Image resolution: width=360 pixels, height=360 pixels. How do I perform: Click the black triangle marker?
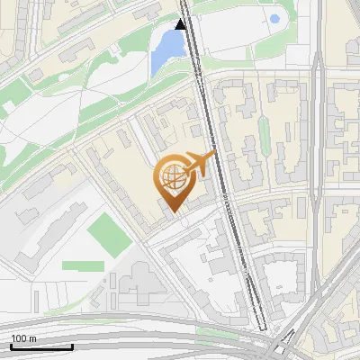point(182,24)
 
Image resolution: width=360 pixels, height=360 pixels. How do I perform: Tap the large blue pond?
point(166,49)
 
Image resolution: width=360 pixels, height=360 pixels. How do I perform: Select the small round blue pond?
point(274,19)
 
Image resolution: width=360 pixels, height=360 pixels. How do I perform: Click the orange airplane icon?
point(197,165)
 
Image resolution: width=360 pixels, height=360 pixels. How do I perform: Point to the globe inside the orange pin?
point(173,178)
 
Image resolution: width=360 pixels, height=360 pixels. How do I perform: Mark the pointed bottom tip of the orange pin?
point(173,213)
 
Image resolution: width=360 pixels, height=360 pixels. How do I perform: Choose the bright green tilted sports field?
point(109,231)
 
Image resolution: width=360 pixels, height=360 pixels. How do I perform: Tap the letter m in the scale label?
point(32,339)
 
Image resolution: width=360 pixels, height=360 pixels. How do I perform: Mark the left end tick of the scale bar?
point(11,346)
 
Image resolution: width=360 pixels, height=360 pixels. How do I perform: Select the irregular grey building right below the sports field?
point(135,279)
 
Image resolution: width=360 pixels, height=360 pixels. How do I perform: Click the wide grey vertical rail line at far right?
point(319,180)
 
